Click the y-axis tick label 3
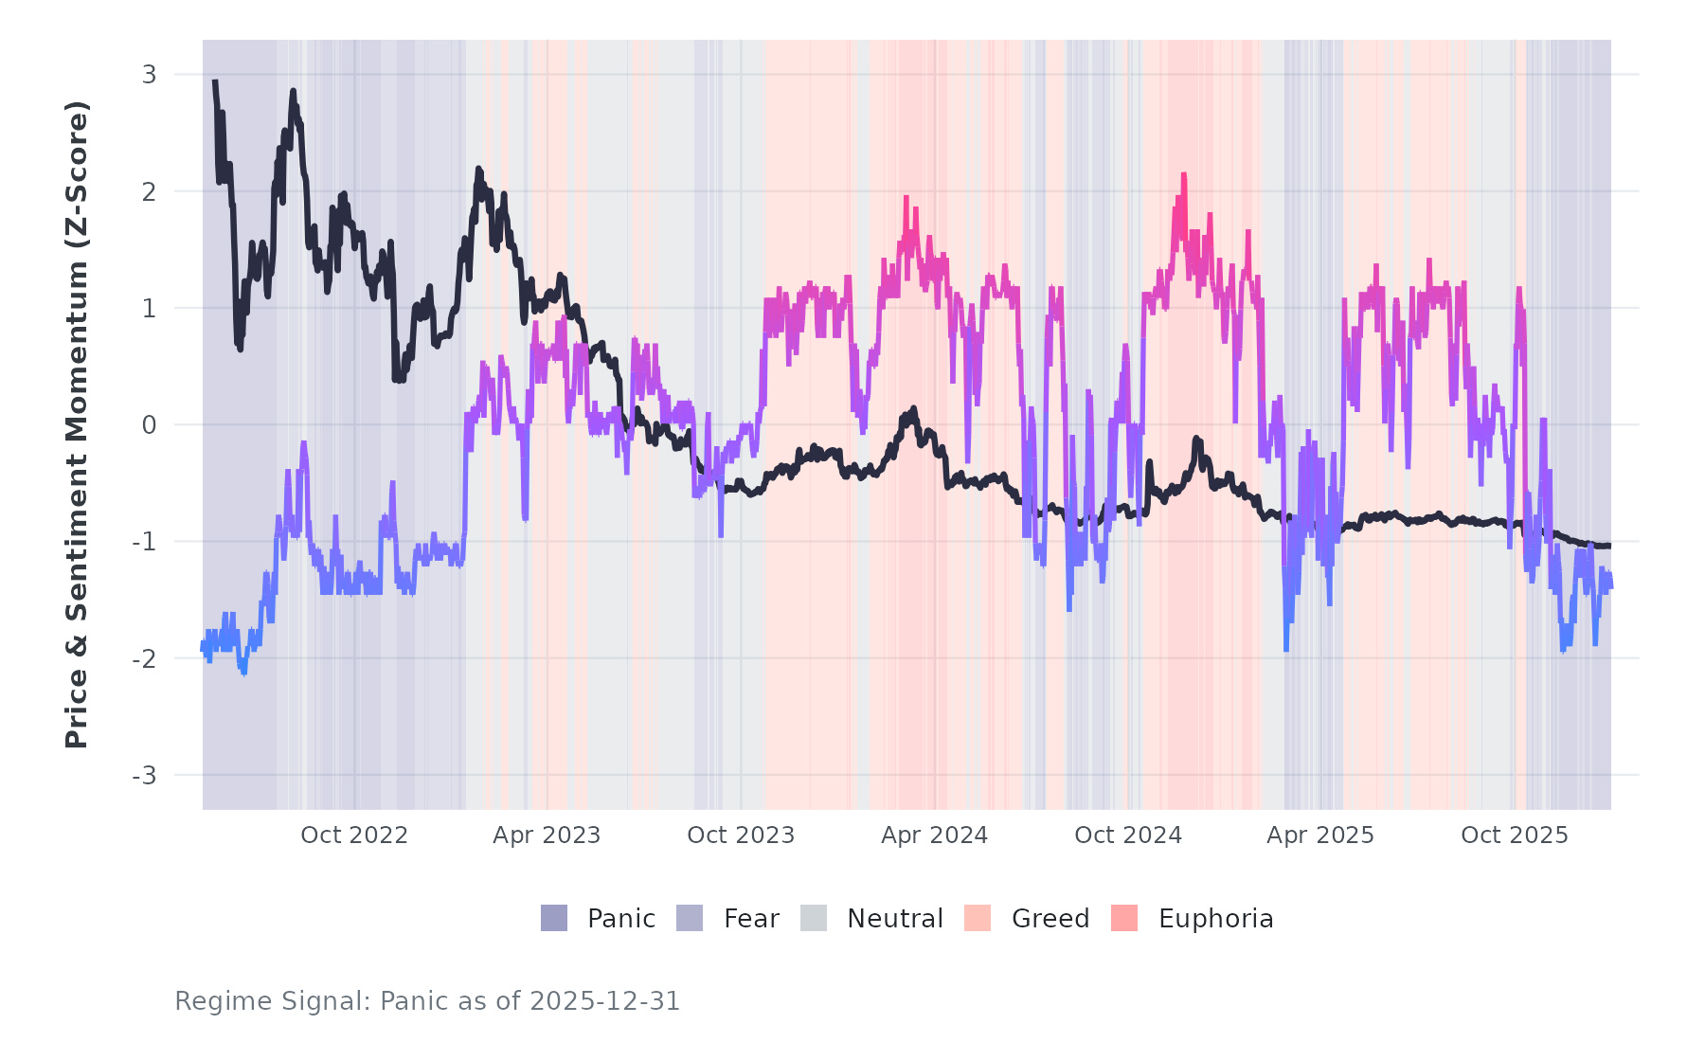[x=149, y=75]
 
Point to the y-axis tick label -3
[x=144, y=776]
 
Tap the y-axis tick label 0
[x=149, y=425]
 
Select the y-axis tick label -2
[x=144, y=659]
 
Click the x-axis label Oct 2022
[x=354, y=835]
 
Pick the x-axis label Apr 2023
[x=547, y=835]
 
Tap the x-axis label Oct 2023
[x=741, y=835]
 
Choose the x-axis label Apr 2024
[x=934, y=835]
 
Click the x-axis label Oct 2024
[x=1128, y=835]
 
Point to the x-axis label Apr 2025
[x=1320, y=835]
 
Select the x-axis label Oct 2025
[x=1515, y=835]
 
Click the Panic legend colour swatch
[x=554, y=918]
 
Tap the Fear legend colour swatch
[x=690, y=918]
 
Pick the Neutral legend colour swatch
[x=814, y=918]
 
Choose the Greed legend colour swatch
[x=978, y=918]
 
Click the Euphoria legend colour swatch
[x=1124, y=918]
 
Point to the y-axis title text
[x=77, y=424]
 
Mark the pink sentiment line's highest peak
[x=1184, y=175]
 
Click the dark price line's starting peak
[x=215, y=82]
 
